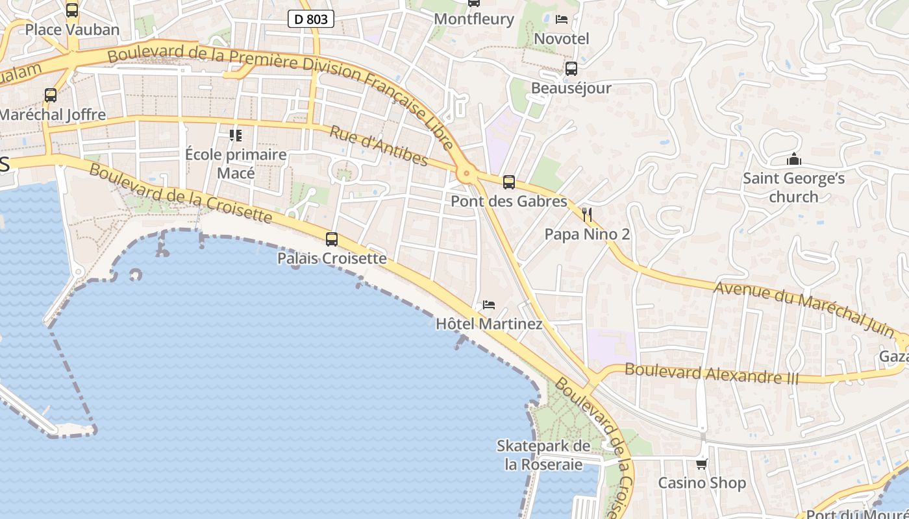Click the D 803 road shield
pyautogui.click(x=310, y=19)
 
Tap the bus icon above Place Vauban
pyautogui.click(x=72, y=10)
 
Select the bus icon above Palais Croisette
pyautogui.click(x=332, y=239)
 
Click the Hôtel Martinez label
pyautogui.click(x=489, y=324)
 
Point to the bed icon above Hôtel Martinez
pyautogui.click(x=488, y=304)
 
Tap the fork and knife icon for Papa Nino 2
pyautogui.click(x=587, y=215)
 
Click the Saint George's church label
pyautogui.click(x=793, y=187)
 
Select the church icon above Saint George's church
pyautogui.click(x=793, y=159)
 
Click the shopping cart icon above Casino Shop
pyautogui.click(x=701, y=464)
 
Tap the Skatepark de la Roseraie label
pyautogui.click(x=543, y=455)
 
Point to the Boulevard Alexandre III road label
pyautogui.click(x=712, y=374)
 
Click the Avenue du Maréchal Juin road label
pyautogui.click(x=804, y=308)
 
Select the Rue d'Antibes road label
pyautogui.click(x=379, y=146)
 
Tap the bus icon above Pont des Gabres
pyautogui.click(x=509, y=182)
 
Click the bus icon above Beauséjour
pyautogui.click(x=571, y=69)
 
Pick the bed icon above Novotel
pyautogui.click(x=562, y=19)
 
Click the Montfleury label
pyautogui.click(x=474, y=19)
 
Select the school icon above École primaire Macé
pyautogui.click(x=235, y=136)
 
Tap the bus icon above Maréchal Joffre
pyautogui.click(x=51, y=95)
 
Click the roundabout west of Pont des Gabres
pyautogui.click(x=465, y=173)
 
